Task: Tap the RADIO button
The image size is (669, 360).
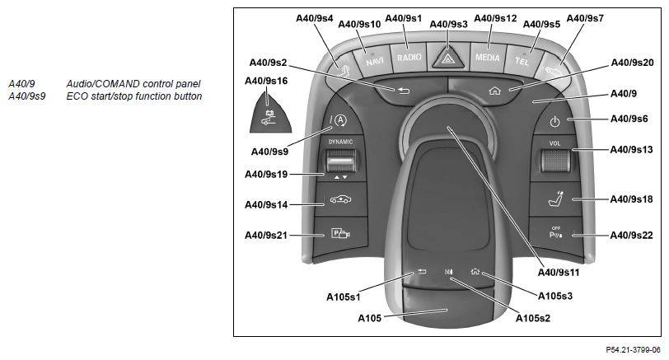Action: point(409,58)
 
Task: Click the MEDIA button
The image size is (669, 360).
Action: point(486,58)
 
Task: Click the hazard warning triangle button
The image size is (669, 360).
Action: point(448,60)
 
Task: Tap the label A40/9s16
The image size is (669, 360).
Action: point(266,81)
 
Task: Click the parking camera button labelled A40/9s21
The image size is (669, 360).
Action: point(339,234)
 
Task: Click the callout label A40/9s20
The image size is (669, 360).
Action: point(632,63)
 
